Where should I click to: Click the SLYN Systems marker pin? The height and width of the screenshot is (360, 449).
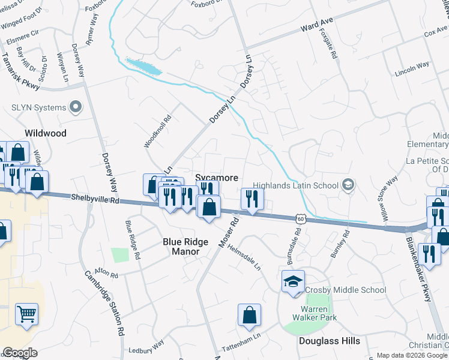click(76, 107)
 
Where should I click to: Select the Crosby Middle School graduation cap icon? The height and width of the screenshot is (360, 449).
click(294, 281)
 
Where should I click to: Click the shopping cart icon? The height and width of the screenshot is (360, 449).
click(26, 313)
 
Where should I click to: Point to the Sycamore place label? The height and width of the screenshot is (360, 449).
click(217, 178)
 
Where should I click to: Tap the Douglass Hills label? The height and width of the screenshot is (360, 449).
click(330, 341)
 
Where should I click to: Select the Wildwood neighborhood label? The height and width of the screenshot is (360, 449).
click(46, 133)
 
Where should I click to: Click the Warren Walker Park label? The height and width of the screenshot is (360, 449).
click(315, 313)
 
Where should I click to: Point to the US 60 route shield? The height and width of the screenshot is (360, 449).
click(301, 220)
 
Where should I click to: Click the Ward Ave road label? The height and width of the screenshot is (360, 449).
click(317, 27)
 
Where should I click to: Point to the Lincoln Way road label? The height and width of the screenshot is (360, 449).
click(412, 64)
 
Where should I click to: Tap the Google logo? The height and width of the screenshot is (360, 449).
click(20, 353)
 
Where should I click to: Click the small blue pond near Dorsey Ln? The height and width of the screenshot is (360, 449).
click(144, 65)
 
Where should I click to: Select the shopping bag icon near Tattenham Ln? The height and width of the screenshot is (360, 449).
click(249, 315)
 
